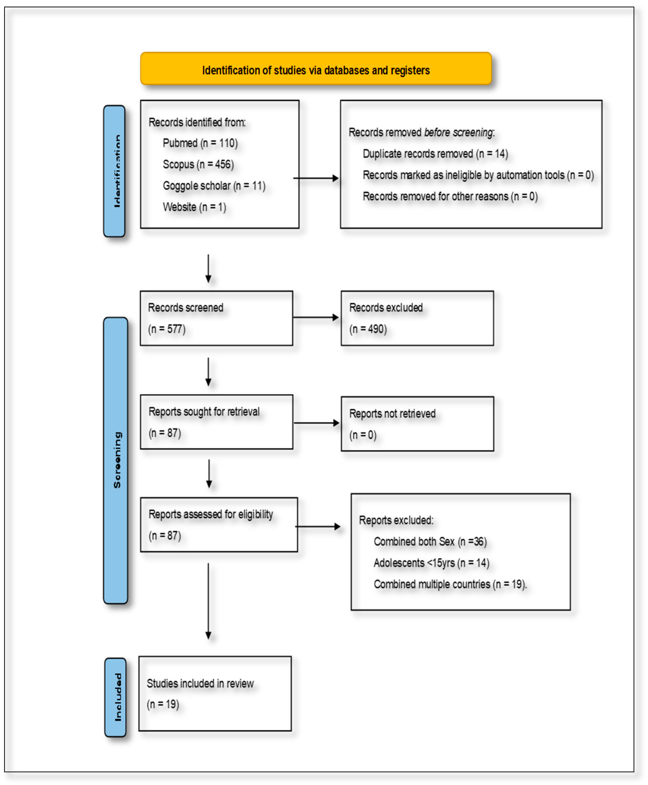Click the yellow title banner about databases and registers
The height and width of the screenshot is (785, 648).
pyautogui.click(x=316, y=69)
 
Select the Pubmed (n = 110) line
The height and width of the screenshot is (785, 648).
pyautogui.click(x=200, y=143)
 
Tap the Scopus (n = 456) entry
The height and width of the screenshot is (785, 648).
pyautogui.click(x=198, y=164)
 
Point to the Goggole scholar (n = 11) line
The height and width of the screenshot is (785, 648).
pyautogui.click(x=214, y=186)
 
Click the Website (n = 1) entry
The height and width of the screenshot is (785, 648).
pyautogui.click(x=194, y=207)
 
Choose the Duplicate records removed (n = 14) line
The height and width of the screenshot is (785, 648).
pyautogui.click(x=435, y=154)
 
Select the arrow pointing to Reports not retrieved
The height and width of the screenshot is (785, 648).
pyautogui.click(x=317, y=423)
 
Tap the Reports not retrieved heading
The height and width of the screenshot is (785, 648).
pyautogui.click(x=392, y=414)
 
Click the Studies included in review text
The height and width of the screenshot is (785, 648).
pyautogui.click(x=200, y=683)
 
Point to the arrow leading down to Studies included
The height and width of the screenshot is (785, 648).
pyautogui.click(x=208, y=601)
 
